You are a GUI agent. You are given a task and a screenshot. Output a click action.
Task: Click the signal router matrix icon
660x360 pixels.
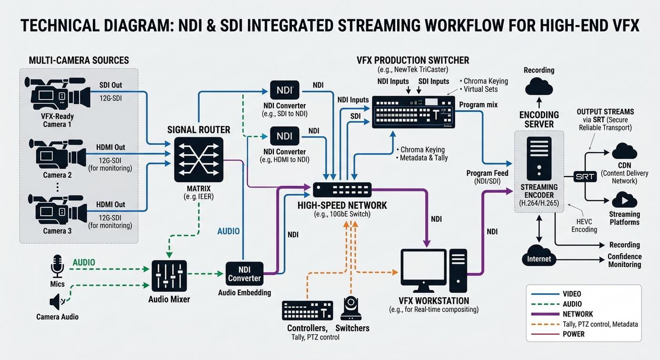[x=199, y=160]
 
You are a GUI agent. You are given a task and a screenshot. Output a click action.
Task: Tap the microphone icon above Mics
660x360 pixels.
[x=57, y=266]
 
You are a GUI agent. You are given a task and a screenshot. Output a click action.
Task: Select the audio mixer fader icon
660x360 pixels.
[x=169, y=276]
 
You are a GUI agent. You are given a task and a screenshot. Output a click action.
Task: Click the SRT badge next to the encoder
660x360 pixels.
[x=585, y=177]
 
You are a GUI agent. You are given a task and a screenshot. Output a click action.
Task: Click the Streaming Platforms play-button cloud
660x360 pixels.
[x=624, y=200]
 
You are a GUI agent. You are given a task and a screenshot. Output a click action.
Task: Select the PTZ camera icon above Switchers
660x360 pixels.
[x=351, y=308]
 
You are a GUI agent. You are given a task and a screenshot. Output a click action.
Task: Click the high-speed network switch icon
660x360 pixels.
[x=342, y=190]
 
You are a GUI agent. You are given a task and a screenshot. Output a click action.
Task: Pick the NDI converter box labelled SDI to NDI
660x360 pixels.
[x=285, y=90]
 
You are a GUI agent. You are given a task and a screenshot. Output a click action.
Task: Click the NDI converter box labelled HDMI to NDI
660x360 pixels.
[x=285, y=136]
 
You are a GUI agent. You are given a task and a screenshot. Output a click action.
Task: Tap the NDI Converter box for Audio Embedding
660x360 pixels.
[x=245, y=274]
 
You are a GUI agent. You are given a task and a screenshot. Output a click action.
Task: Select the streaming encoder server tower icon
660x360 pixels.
[x=539, y=158]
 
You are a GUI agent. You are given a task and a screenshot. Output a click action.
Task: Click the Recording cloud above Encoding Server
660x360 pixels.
[x=539, y=86]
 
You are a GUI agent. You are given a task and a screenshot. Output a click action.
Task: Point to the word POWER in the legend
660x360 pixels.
[x=574, y=334]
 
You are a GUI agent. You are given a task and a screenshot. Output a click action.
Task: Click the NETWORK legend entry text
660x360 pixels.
[x=578, y=314]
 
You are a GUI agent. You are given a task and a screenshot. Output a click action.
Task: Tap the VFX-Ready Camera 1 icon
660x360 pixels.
[x=58, y=94]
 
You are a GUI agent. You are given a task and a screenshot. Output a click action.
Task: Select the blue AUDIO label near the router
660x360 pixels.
[x=229, y=231]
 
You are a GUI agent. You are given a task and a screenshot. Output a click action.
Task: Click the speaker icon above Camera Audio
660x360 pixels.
[x=56, y=302]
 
